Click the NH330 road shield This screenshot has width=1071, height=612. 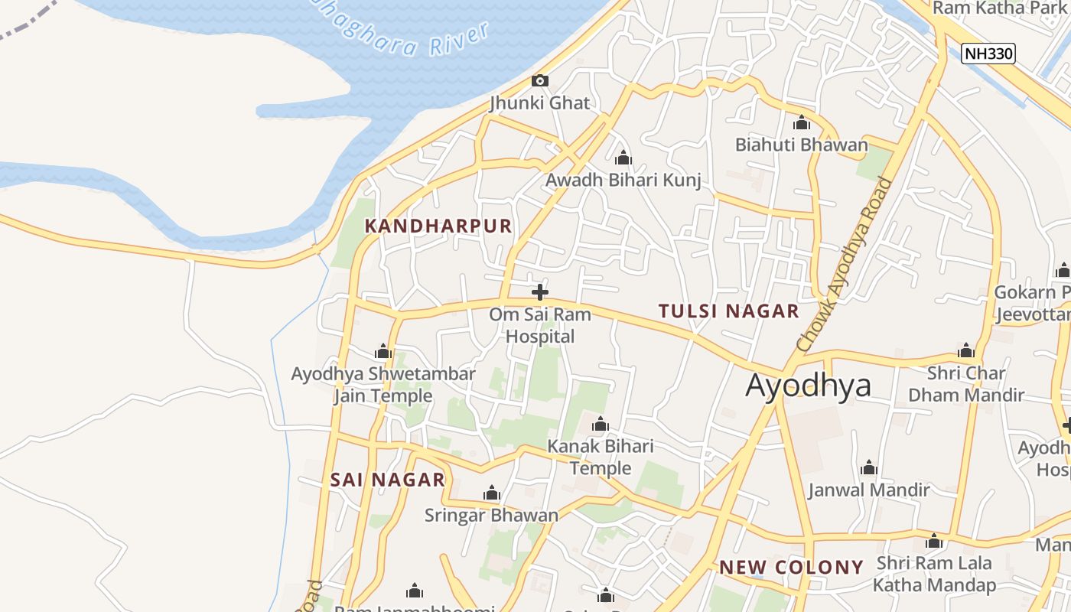coord(988,54)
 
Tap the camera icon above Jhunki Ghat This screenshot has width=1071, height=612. coord(540,80)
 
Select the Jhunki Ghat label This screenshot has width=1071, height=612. coord(540,103)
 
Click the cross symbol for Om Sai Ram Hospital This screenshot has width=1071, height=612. coord(540,291)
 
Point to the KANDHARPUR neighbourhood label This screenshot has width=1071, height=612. coord(438,226)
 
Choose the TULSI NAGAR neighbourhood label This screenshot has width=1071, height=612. coord(729,311)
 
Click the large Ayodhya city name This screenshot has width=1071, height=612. coord(808,385)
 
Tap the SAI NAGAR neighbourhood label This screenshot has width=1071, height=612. coord(388,480)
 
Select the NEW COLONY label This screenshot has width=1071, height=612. coord(791,567)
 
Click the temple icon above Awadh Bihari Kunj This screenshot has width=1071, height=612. coord(623,158)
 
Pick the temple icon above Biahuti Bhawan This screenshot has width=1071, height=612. coord(802,122)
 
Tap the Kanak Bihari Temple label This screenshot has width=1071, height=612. coord(601,457)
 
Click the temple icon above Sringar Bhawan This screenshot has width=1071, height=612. coord(492,493)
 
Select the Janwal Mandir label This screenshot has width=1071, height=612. coord(869,490)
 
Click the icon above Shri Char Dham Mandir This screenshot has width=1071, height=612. coord(966,350)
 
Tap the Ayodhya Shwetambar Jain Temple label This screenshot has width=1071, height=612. coord(383,385)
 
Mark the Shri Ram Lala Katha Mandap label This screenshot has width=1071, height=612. coord(934,574)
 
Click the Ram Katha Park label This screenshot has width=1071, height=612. coord(1000,8)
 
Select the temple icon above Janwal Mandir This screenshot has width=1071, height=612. coord(869,467)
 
